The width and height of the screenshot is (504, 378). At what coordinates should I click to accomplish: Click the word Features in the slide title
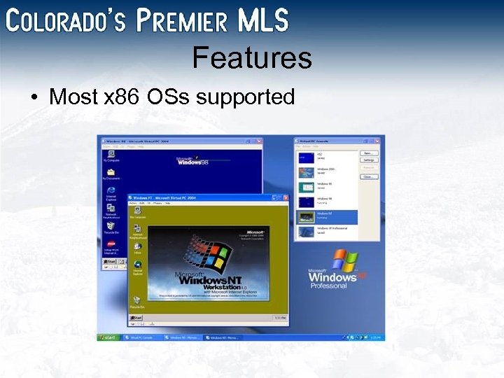tap(252, 57)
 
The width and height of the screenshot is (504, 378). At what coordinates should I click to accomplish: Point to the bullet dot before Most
tap(34, 97)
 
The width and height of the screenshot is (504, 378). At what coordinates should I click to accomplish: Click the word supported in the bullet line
tap(245, 97)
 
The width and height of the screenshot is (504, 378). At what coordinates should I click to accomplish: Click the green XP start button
tap(109, 337)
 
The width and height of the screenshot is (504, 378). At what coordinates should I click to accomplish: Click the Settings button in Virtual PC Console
tap(369, 160)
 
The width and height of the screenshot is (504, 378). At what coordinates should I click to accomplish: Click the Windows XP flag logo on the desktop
tap(344, 260)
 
